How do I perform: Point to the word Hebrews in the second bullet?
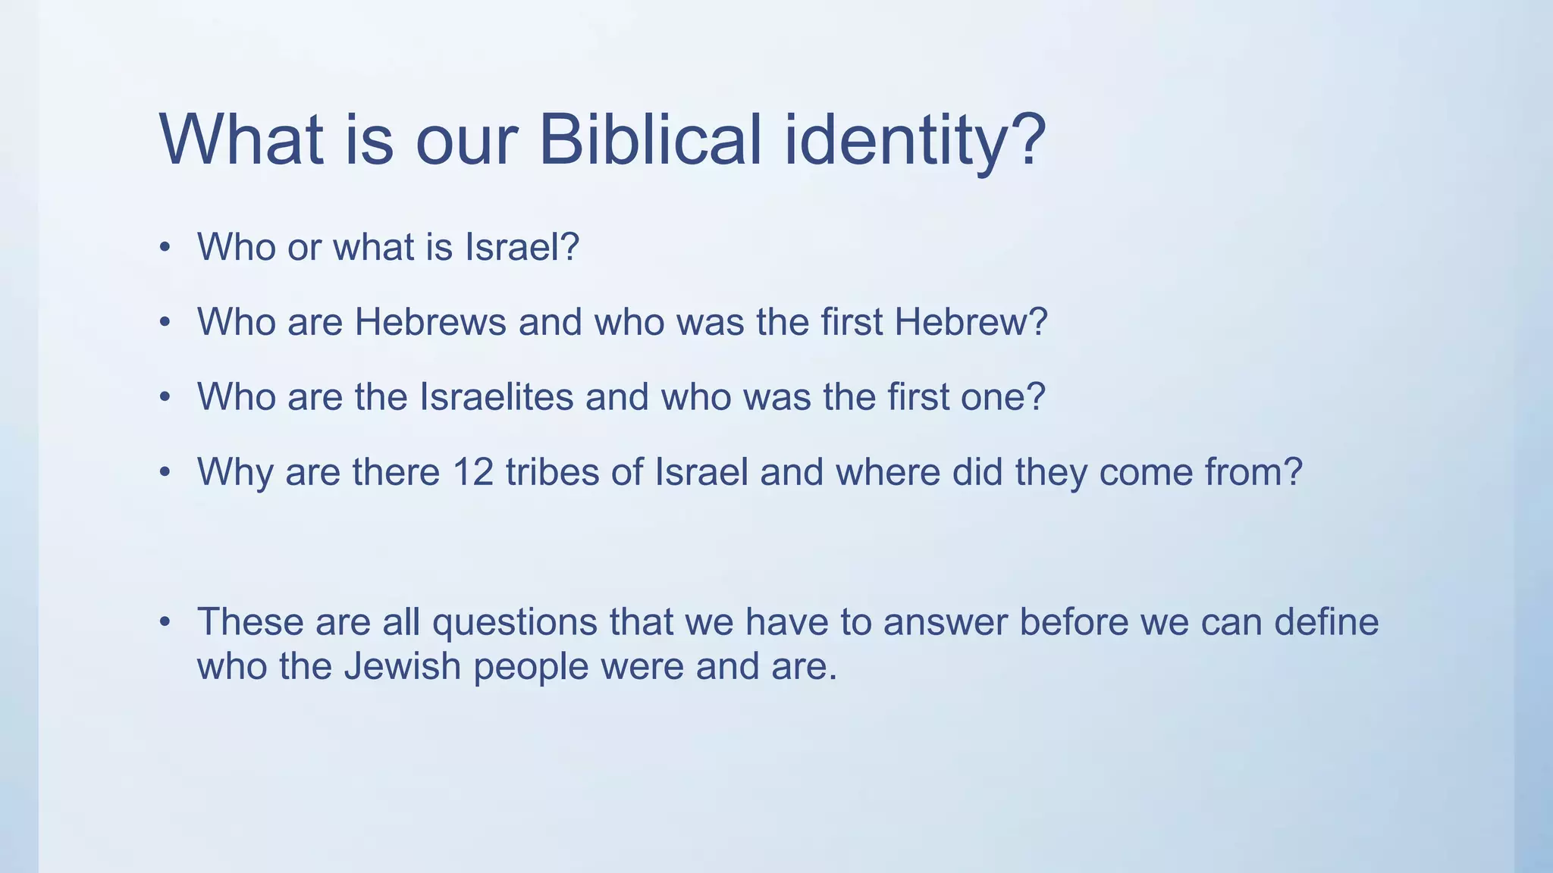coord(430,322)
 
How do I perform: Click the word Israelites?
coord(497,397)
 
